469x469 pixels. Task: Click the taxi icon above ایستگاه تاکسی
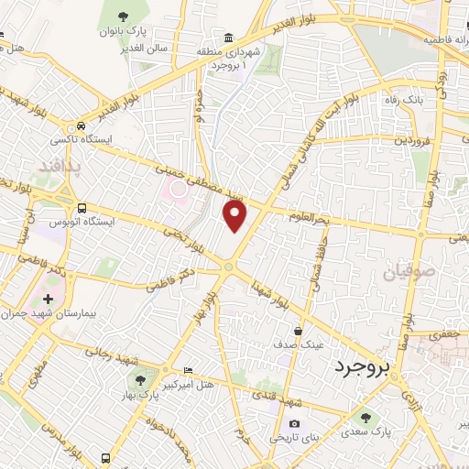pyautogui.click(x=82, y=125)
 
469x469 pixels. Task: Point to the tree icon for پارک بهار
pyautogui.click(x=139, y=379)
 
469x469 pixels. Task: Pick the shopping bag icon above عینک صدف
pyautogui.click(x=298, y=331)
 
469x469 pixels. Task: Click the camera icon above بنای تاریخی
pyautogui.click(x=294, y=423)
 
